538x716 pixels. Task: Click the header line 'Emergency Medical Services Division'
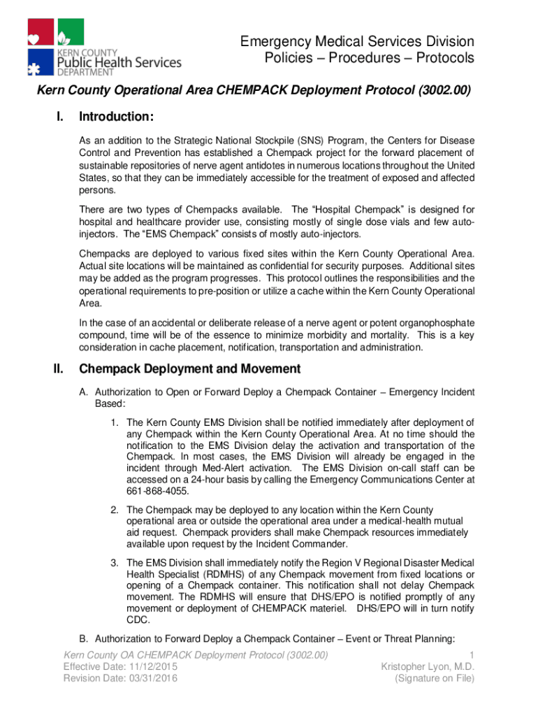tap(357, 42)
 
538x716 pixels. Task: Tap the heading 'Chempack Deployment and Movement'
tap(190, 368)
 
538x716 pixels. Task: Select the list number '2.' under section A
tap(115, 510)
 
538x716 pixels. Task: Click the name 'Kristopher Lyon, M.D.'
tap(428, 666)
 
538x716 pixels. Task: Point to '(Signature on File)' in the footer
tap(435, 678)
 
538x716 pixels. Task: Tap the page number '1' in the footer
tap(472, 654)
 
